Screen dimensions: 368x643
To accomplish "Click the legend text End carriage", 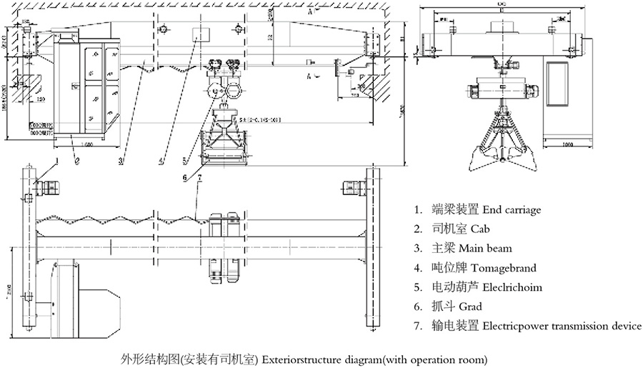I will [x=512, y=210].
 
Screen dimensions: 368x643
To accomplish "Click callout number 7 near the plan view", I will [x=199, y=177].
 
